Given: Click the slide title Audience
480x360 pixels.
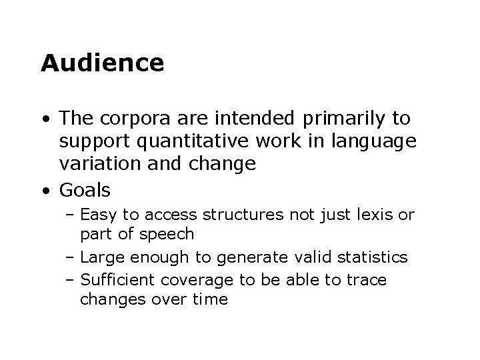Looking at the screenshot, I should [x=102, y=63].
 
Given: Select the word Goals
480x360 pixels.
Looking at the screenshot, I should [x=85, y=190].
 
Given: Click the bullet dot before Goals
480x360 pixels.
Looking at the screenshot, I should [x=45, y=191].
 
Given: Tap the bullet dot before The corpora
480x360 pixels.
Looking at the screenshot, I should [x=45, y=119].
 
